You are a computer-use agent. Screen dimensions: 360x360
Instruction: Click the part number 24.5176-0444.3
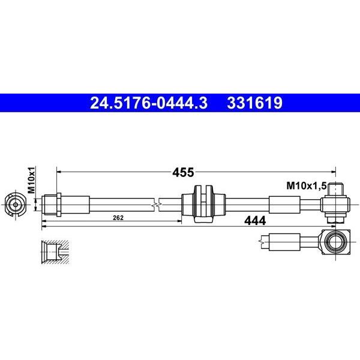tap(149, 103)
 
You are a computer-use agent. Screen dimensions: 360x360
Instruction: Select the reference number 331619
tap(254, 103)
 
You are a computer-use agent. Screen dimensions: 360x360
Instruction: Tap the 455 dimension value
tap(183, 172)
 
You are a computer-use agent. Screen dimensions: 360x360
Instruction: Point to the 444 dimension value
tap(255, 221)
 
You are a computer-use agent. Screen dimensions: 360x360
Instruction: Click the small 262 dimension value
tap(118, 218)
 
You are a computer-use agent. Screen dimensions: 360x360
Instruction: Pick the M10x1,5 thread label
tap(306, 186)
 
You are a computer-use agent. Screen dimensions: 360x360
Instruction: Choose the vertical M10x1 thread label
tap(31, 180)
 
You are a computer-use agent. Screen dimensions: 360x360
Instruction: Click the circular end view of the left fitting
tap(16, 205)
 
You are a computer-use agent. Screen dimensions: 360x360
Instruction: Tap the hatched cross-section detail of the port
tap(55, 252)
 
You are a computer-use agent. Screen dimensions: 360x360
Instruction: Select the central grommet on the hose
tap(203, 204)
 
